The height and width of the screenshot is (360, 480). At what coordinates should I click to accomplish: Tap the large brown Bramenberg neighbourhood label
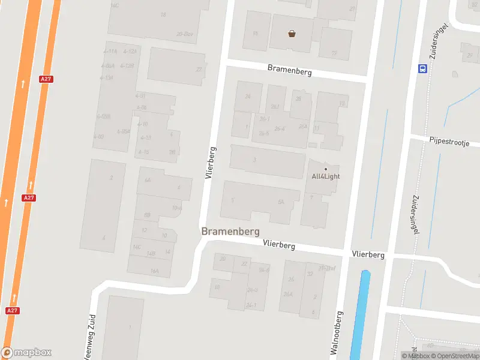point(230,231)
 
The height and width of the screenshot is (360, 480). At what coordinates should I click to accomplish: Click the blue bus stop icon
point(422,68)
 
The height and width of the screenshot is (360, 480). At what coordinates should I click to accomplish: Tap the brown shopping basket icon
point(292,34)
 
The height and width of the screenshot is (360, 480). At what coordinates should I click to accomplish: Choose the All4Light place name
point(326,176)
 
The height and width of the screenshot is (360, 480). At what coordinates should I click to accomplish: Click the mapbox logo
point(26,353)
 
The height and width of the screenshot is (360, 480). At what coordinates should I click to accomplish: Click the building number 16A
point(154,271)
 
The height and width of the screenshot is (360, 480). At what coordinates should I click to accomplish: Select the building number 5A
point(281,202)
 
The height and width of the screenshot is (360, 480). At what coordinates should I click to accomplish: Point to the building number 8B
point(146,214)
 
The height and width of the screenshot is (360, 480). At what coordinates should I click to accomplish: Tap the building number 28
point(298,99)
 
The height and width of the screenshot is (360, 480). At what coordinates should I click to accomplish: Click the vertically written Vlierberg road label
point(209,163)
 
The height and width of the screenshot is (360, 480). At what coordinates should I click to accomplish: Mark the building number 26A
point(288,294)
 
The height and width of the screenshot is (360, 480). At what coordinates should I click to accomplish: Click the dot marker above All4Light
point(326,169)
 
